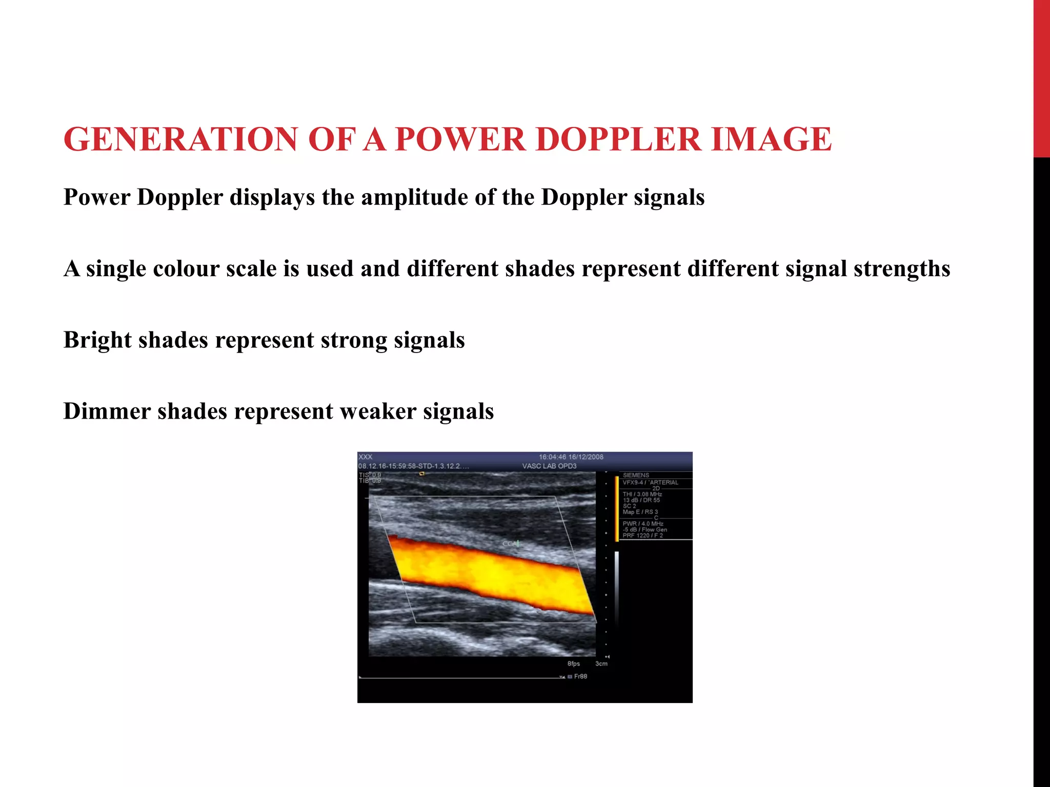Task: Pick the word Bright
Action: [x=97, y=340]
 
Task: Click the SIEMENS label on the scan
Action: [x=636, y=475]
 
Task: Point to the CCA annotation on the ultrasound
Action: [x=510, y=544]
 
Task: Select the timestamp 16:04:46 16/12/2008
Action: [x=571, y=457]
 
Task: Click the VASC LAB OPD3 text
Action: [x=549, y=466]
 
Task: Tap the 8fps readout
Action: [x=573, y=664]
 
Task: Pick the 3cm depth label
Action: [x=601, y=664]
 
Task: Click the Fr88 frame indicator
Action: [x=580, y=676]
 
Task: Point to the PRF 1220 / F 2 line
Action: [x=642, y=535]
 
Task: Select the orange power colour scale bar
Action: [x=616, y=508]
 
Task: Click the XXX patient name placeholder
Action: [x=366, y=457]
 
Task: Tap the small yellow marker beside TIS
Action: [x=422, y=474]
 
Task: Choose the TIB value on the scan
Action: [x=370, y=481]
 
